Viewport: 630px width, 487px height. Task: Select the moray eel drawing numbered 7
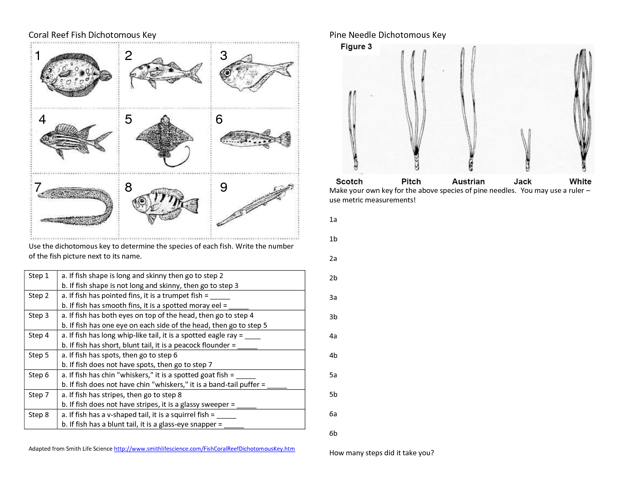[76, 204]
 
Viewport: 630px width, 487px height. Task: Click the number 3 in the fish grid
[223, 56]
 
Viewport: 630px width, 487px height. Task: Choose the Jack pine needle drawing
[526, 149]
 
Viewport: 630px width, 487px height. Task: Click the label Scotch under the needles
[349, 182]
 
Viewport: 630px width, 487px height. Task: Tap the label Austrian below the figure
[468, 182]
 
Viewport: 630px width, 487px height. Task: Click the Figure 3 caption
[356, 47]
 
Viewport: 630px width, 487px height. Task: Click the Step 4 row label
[39, 335]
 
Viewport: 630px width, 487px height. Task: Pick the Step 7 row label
[39, 395]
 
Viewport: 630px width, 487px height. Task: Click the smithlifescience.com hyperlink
[204, 449]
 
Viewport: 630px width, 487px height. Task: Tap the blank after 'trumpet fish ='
[220, 296]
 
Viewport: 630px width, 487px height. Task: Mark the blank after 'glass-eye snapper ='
[234, 425]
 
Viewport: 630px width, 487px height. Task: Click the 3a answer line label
[333, 298]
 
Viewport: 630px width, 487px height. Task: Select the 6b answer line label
[333, 434]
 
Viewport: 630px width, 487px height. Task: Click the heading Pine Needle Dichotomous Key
[387, 35]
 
